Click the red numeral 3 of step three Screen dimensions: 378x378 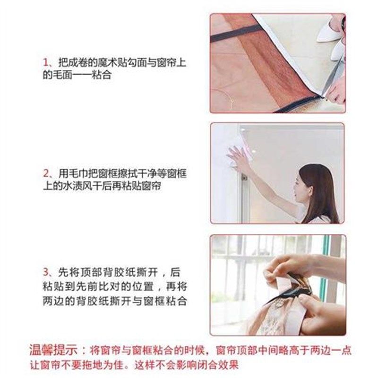pyautogui.click(x=46, y=273)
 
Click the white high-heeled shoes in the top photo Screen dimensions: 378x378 pyautogui.click(x=331, y=35)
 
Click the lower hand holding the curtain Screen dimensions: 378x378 pyautogui.click(x=321, y=312)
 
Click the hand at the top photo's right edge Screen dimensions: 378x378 pyautogui.click(x=336, y=92)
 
